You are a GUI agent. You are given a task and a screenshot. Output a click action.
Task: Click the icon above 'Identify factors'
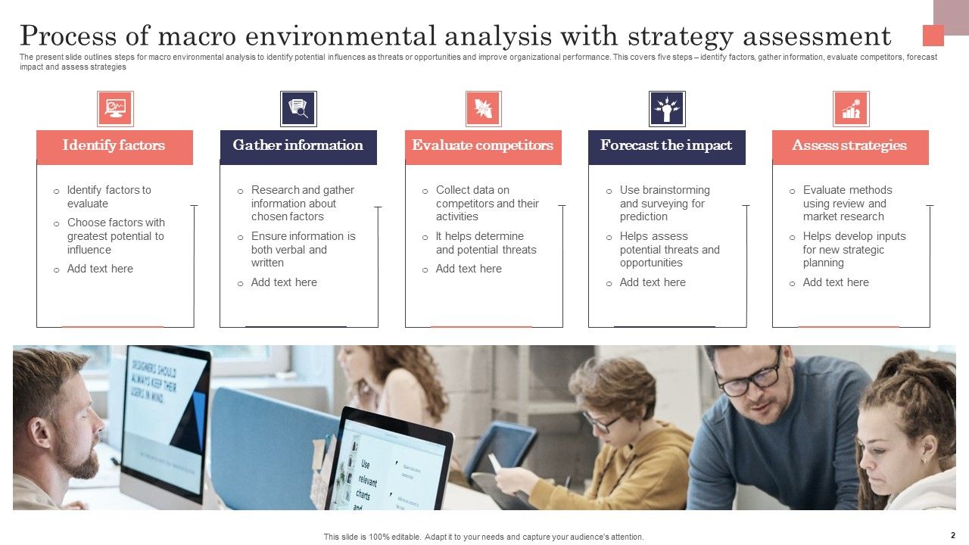pyautogui.click(x=115, y=109)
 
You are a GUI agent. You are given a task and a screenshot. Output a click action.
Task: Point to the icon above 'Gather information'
pyautogui.click(x=298, y=109)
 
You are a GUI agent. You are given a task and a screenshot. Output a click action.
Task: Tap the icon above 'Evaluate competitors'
pyautogui.click(x=483, y=109)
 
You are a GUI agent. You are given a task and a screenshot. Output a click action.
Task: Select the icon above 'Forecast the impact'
pyautogui.click(x=667, y=109)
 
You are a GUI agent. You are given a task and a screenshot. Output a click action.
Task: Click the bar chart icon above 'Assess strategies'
pyautogui.click(x=851, y=109)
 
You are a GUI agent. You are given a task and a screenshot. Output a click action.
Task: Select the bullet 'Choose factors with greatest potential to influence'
pyautogui.click(x=115, y=236)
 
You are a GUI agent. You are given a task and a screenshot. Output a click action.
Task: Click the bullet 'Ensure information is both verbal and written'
pyautogui.click(x=303, y=249)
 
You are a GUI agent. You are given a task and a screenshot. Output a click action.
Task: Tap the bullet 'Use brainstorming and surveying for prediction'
pyautogui.click(x=665, y=203)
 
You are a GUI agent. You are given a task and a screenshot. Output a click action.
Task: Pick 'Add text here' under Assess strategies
pyautogui.click(x=836, y=282)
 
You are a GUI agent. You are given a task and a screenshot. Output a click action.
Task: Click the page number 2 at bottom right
pyautogui.click(x=952, y=535)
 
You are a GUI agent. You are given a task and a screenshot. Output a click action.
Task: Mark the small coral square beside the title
pyautogui.click(x=933, y=36)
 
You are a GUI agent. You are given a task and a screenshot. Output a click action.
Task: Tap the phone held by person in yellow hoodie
pyautogui.click(x=496, y=463)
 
